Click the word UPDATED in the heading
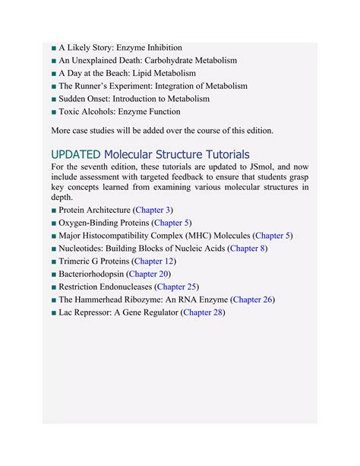pyautogui.click(x=75, y=154)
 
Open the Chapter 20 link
pyautogui.click(x=149, y=274)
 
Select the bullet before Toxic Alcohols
pyautogui.click(x=54, y=112)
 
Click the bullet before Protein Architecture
pyautogui.click(x=54, y=211)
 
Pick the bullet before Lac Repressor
pyautogui.click(x=54, y=313)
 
